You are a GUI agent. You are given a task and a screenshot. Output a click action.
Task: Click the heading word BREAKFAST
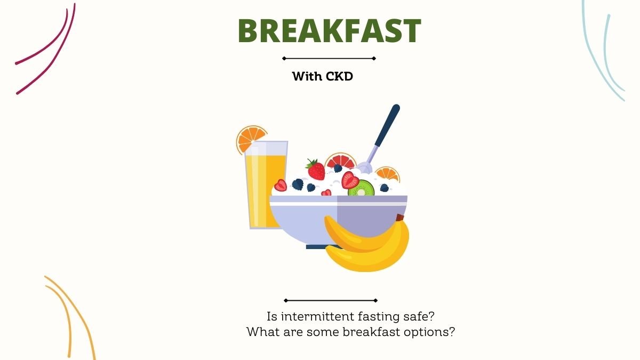coord(330,30)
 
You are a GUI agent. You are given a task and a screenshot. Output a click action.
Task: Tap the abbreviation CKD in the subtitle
coord(339,76)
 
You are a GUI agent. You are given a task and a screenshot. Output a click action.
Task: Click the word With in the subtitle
coord(307,76)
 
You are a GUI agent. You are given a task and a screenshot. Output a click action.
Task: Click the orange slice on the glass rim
coord(250,139)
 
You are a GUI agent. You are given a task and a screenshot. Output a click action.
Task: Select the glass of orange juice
coord(266,185)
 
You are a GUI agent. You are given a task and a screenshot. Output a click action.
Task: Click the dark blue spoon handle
coord(387,126)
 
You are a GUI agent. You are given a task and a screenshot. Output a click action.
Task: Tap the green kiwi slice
coord(361,188)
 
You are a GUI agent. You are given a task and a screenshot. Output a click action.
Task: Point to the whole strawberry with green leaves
coord(315,170)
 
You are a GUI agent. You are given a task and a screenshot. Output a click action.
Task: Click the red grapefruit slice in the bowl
coord(341,161)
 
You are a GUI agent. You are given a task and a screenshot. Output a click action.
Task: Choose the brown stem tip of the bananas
coord(400,218)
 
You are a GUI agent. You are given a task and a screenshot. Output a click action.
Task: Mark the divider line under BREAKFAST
coord(329,59)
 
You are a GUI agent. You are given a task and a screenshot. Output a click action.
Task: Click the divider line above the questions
coord(331,301)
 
